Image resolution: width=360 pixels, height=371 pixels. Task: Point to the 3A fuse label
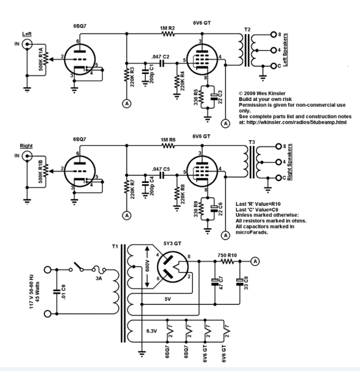(x=101, y=279)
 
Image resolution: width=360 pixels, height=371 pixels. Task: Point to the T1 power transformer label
(x=114, y=246)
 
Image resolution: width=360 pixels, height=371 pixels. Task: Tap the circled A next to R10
(x=256, y=260)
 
